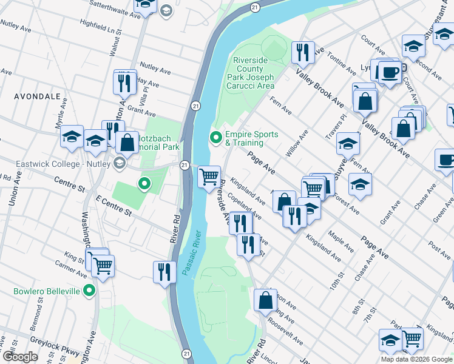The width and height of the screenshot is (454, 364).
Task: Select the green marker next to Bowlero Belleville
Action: (90, 291)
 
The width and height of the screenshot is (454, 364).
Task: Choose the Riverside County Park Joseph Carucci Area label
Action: (251, 73)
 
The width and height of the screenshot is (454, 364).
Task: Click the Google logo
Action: (19, 357)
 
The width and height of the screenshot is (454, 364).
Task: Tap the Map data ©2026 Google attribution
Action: (416, 359)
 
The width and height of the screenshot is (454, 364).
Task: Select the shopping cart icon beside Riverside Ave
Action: (209, 177)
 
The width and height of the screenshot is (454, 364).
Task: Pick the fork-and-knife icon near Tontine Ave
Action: (302, 52)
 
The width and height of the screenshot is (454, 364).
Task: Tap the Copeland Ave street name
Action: (246, 209)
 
